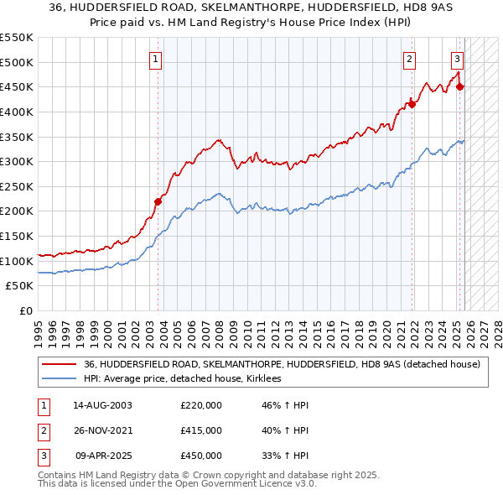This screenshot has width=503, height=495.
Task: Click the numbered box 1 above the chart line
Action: (x=157, y=59)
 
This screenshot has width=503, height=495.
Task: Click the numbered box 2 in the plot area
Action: (x=409, y=59)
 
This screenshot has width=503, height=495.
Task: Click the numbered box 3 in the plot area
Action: (x=457, y=59)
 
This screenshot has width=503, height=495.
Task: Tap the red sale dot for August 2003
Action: (x=158, y=201)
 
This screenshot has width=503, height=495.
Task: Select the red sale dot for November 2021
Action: (x=412, y=104)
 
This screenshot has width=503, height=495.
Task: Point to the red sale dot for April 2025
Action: (x=460, y=86)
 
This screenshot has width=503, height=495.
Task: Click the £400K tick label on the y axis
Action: (x=17, y=112)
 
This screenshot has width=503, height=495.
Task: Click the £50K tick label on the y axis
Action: (x=19, y=286)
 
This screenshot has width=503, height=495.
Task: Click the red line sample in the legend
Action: (x=59, y=365)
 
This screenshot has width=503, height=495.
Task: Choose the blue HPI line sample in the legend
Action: (x=59, y=379)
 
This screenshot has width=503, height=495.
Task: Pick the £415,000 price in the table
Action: (x=201, y=430)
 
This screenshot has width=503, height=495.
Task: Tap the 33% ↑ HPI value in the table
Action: (x=285, y=456)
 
